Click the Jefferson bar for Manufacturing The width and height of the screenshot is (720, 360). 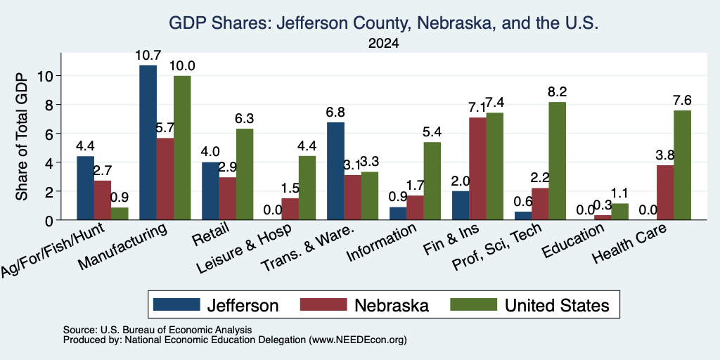148,142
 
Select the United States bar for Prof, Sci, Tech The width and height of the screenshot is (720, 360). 557,161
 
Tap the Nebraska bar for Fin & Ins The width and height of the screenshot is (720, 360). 477,169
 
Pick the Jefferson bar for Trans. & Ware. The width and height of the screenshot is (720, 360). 335,171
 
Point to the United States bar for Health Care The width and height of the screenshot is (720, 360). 682,165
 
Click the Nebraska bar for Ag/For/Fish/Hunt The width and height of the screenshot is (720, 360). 103,200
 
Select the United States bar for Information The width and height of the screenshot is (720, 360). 432,181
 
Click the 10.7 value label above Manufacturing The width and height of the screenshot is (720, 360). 148,56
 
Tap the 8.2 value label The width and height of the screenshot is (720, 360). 557,92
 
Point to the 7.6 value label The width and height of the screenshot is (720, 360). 682,100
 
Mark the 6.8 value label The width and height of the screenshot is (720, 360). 335,112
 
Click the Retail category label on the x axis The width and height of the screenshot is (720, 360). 210,234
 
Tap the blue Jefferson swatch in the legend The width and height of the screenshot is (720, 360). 176,304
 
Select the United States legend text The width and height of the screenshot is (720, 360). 557,305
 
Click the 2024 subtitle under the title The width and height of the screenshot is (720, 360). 383,44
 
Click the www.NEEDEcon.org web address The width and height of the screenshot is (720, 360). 358,340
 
